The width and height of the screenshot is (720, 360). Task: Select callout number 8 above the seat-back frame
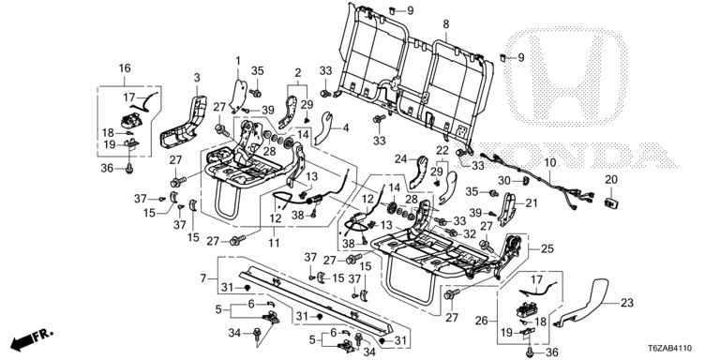pos(446,24)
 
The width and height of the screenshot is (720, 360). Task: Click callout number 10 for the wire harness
pos(550,162)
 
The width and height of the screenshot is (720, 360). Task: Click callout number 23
pos(627,303)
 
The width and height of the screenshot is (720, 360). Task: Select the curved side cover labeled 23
pos(582,302)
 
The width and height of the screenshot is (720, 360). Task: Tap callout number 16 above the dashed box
pos(125,68)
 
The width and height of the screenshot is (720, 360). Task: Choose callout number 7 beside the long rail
pos(203,278)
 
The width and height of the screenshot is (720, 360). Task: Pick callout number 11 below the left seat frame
pos(274,243)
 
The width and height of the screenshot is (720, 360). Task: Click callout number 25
pos(547,249)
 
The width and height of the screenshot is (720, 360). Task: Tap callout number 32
pos(470,234)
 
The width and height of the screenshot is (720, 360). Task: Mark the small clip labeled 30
pos(523,180)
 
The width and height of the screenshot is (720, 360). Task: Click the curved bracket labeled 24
pos(418,173)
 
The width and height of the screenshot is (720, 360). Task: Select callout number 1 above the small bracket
pos(238,61)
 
